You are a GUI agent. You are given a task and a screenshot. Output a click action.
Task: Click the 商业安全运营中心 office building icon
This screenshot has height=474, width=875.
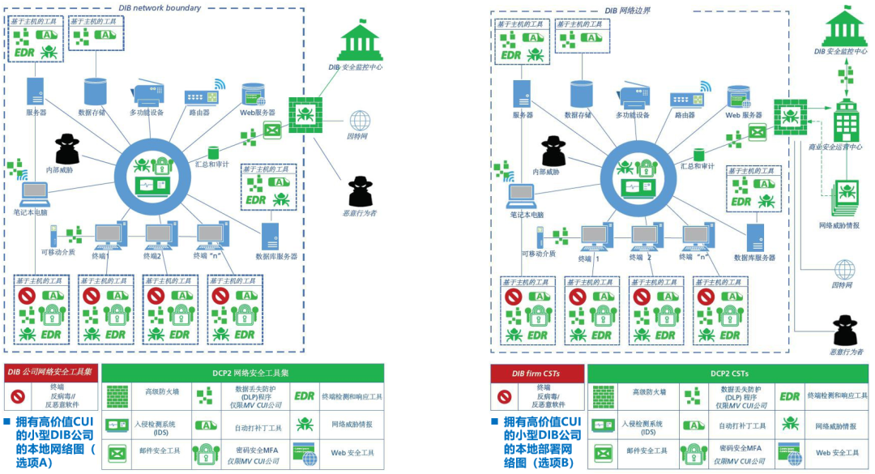click(x=847, y=122)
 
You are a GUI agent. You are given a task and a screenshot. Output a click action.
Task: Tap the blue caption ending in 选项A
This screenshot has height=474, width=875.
click(x=50, y=441)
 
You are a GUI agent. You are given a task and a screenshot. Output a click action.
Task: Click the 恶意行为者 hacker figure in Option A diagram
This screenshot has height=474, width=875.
click(x=359, y=191)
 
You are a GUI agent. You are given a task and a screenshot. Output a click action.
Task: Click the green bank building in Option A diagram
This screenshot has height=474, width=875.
click(x=360, y=42)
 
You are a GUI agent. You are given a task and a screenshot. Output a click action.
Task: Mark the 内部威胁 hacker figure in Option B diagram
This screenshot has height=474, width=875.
click(x=554, y=152)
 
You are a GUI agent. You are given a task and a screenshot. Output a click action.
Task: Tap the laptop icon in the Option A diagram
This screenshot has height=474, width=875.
click(x=36, y=192)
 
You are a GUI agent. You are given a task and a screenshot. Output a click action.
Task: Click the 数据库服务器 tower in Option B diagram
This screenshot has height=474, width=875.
click(x=755, y=237)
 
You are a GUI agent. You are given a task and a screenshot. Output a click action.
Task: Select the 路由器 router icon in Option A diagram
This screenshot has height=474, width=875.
click(x=202, y=97)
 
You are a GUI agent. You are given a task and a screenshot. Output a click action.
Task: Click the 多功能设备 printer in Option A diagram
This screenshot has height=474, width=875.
click(x=145, y=95)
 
